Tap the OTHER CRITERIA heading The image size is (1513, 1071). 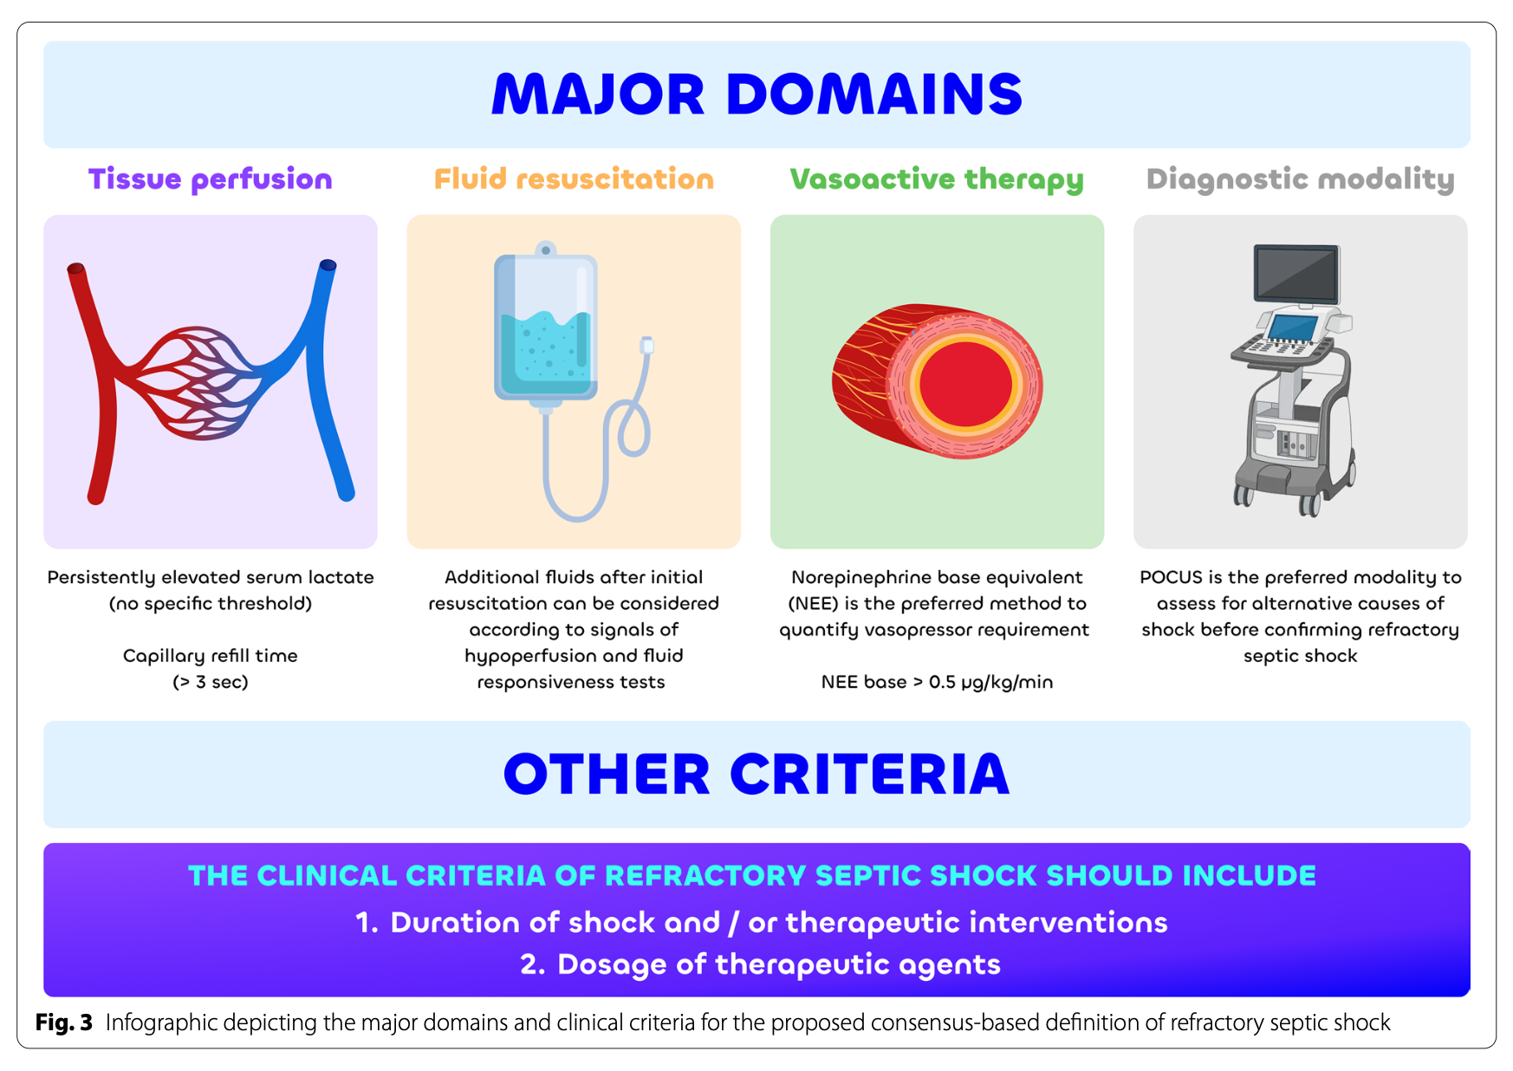coord(756,774)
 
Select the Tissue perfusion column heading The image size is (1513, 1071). coord(210,179)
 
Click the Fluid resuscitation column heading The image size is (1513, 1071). coord(574,179)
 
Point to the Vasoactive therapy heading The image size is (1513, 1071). coord(937,179)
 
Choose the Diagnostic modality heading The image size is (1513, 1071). coord(1300,179)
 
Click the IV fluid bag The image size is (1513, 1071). coord(546,329)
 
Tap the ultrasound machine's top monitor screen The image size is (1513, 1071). coord(1297,272)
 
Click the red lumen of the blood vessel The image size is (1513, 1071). coord(965,384)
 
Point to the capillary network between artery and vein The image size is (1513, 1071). coord(198,381)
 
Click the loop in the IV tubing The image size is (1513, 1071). coord(633,429)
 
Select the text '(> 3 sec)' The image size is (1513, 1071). coord(211,682)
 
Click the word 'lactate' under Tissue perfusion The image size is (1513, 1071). coord(341,577)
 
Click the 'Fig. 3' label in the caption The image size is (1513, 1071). coord(64,1022)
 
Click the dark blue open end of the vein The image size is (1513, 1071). coord(328,265)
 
